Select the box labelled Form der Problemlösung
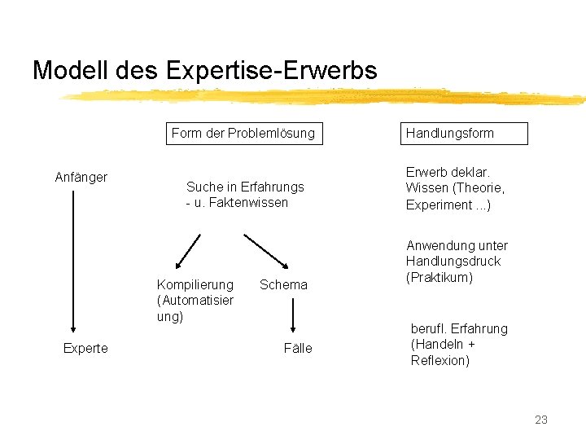(243, 133)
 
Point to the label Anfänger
(81, 177)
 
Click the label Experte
(85, 348)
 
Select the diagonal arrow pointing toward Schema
(268, 251)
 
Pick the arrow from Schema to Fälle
(293, 315)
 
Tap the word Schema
(283, 284)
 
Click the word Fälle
(298, 348)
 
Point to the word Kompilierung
(195, 284)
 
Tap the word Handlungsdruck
(453, 262)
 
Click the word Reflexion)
(440, 360)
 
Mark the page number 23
(541, 420)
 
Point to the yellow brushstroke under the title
(326, 97)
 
